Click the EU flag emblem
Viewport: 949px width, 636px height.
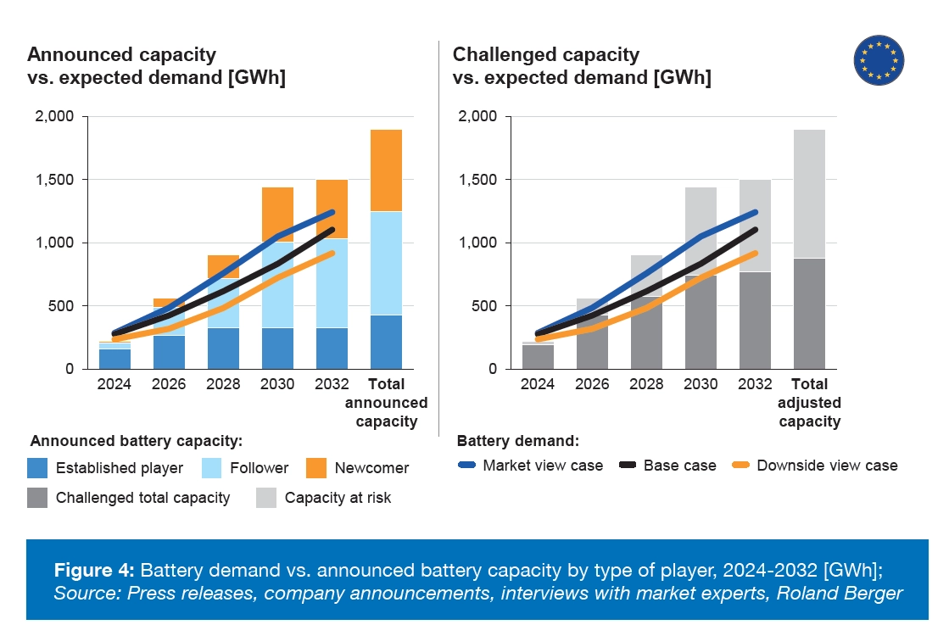click(879, 61)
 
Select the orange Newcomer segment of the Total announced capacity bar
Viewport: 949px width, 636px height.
click(385, 170)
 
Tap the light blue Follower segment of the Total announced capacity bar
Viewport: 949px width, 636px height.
click(385, 263)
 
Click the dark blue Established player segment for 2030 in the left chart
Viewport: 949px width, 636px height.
click(276, 348)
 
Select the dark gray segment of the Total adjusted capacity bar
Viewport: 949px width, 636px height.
click(809, 314)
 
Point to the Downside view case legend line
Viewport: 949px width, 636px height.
click(741, 466)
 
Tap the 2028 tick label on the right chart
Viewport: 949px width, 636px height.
click(645, 383)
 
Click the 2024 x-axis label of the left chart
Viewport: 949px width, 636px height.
click(114, 383)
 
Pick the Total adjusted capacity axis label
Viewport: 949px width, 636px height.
click(809, 402)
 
